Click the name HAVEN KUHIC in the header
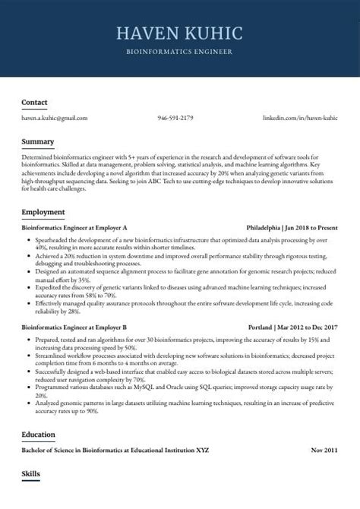point(180,33)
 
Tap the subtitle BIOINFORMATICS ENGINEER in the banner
point(180,52)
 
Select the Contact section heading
point(34,102)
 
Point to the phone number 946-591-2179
point(175,119)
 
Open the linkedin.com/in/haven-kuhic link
point(300,119)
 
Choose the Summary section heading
point(37,141)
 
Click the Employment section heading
point(43,211)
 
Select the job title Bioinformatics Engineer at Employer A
point(74,227)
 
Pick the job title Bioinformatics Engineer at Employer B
point(74,326)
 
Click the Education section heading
point(39,434)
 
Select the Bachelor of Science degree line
point(115,451)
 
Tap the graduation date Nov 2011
point(324,451)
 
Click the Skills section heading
point(30,474)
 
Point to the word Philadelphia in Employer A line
point(264,227)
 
